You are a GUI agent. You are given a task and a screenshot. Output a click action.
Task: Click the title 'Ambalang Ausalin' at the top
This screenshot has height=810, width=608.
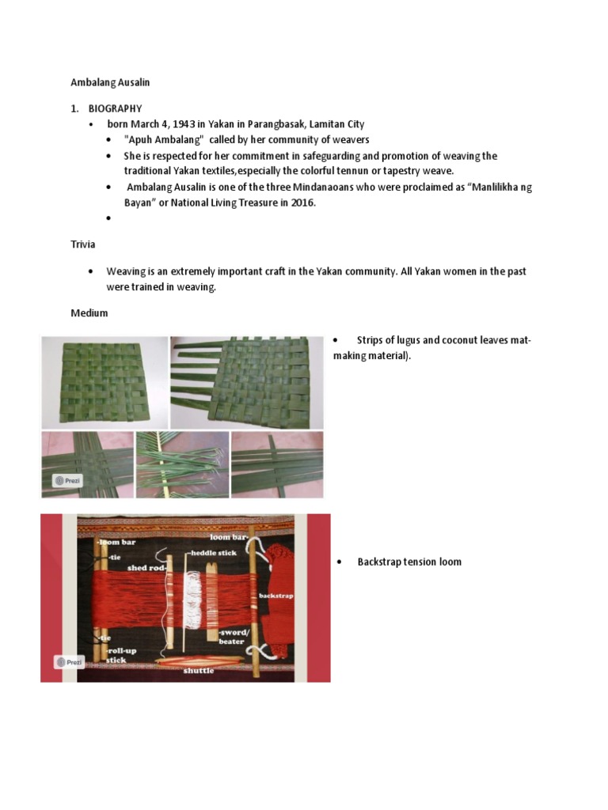(110, 82)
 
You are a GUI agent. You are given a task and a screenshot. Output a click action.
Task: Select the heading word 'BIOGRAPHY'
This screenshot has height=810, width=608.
(115, 108)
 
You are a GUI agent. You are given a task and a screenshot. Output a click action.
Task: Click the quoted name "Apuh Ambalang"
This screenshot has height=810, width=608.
(159, 140)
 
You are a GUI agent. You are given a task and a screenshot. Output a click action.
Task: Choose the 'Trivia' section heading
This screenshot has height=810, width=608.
(83, 244)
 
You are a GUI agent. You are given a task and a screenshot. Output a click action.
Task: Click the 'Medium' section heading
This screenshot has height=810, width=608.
(89, 313)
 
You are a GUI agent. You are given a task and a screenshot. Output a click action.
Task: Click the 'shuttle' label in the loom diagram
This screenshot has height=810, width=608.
(199, 670)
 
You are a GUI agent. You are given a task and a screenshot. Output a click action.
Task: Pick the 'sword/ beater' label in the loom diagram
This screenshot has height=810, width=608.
(232, 637)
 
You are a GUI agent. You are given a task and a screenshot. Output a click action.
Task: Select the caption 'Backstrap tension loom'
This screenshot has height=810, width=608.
(408, 562)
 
